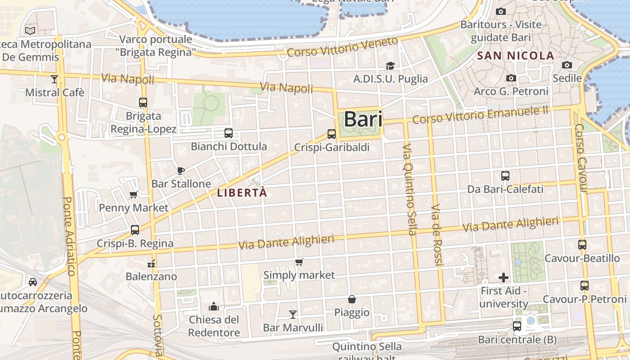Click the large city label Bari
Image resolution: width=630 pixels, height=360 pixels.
tap(363, 120)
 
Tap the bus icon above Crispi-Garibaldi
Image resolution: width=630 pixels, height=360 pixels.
tap(332, 134)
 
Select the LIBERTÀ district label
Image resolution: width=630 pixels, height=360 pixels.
tap(242, 193)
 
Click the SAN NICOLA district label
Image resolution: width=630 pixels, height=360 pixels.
tap(515, 56)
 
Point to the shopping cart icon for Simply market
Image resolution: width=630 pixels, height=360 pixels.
tap(299, 262)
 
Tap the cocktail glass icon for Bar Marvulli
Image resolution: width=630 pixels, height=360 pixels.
tap(293, 314)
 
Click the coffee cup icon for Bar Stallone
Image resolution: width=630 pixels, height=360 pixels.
tap(181, 171)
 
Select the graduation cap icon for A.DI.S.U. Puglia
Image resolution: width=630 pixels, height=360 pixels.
tap(390, 66)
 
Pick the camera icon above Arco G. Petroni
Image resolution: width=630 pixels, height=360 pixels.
tap(511, 78)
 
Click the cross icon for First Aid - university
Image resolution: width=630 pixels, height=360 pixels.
tap(504, 278)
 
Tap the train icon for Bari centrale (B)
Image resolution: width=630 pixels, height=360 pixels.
tap(517, 326)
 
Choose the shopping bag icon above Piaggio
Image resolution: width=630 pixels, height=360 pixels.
tap(352, 299)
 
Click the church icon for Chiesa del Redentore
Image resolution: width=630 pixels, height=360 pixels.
tap(214, 307)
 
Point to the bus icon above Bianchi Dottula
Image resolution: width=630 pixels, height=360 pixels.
tap(229, 133)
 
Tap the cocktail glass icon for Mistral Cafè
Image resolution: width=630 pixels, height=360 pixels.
tap(54, 79)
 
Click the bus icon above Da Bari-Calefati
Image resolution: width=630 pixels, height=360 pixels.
tap(505, 176)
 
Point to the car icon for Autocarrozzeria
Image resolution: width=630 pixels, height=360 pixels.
tap(33, 282)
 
